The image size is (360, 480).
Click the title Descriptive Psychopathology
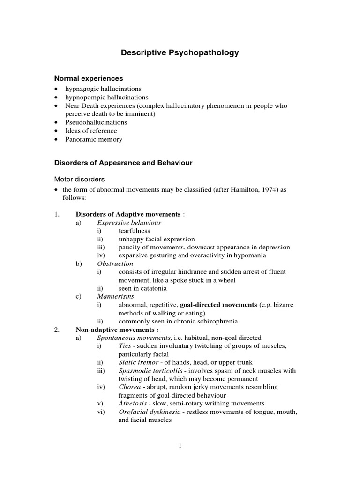click(180, 53)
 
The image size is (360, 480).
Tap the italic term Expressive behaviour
click(129, 222)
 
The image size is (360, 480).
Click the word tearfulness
click(135, 231)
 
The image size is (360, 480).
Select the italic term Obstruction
click(115, 263)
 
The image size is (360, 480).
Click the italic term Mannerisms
click(115, 296)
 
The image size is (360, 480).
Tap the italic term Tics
click(125, 345)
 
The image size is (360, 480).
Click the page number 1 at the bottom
click(180, 445)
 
